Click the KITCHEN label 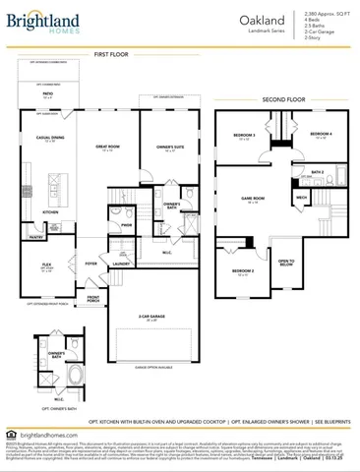[49, 210]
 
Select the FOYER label [90, 264]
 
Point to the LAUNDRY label [121, 264]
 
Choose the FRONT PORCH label [94, 298]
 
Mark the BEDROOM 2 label [243, 270]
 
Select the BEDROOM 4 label [320, 134]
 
